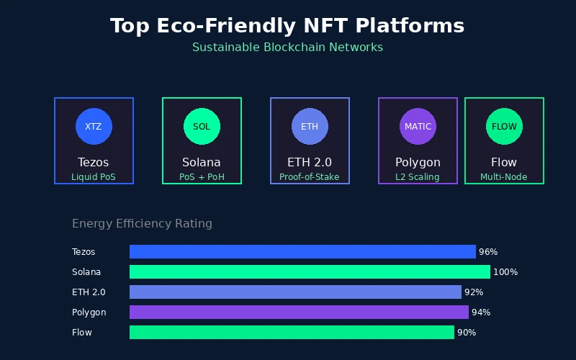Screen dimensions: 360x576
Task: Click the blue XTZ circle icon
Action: pos(94,126)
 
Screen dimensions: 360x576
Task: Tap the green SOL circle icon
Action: pos(202,126)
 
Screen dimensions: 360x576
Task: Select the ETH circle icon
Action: pos(310,126)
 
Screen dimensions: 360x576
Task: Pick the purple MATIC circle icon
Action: pos(418,126)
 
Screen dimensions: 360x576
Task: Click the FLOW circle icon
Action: pos(504,126)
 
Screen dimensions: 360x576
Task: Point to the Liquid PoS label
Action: pos(94,176)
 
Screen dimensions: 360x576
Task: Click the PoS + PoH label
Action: pos(202,176)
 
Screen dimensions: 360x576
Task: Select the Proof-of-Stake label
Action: pos(310,176)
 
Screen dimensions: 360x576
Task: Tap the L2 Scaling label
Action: pos(418,176)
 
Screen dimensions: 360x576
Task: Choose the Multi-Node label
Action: pos(504,176)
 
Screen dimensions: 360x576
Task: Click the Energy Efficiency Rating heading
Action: pos(142,224)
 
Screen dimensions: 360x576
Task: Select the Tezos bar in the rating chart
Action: pos(302,252)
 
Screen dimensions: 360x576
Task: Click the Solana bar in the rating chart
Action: pos(310,272)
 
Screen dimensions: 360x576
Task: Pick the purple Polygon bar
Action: pos(299,312)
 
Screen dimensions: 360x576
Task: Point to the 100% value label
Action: pos(505,272)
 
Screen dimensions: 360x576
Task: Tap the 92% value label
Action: pos(474,292)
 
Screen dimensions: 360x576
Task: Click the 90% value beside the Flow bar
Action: pos(467,333)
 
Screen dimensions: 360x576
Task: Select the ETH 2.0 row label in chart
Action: pos(89,292)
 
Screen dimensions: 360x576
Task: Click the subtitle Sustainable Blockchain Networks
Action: pos(287,48)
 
